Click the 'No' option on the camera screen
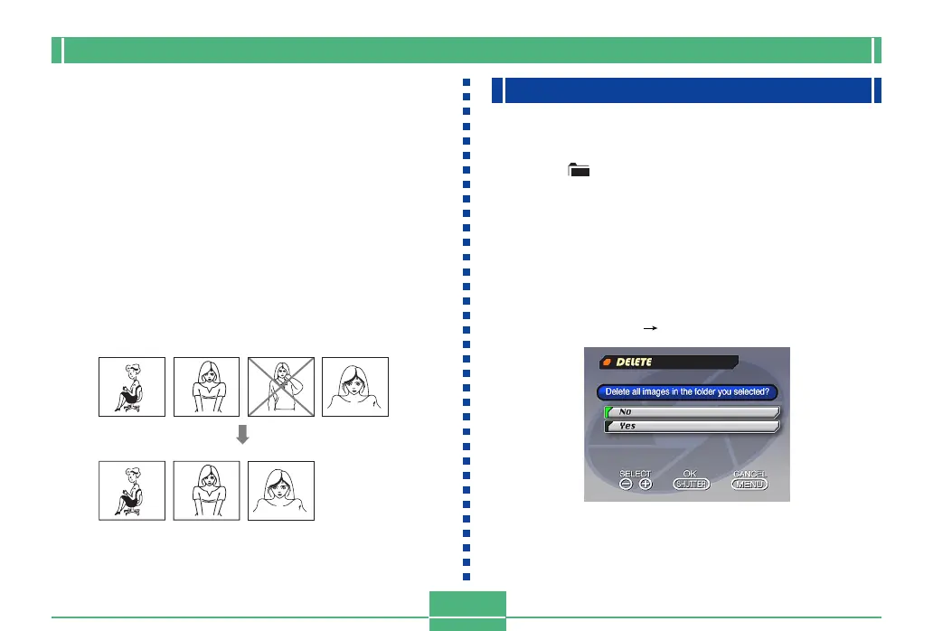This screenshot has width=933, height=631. click(690, 411)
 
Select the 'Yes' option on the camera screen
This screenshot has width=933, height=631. click(690, 426)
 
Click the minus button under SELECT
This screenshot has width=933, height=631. click(626, 485)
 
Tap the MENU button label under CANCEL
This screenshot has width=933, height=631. click(749, 485)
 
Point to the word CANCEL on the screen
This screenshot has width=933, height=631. click(749, 473)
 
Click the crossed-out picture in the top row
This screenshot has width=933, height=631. click(280, 387)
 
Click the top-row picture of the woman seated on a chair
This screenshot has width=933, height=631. click(132, 387)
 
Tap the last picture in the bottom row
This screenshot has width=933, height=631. click(280, 490)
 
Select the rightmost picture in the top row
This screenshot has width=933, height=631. click(354, 387)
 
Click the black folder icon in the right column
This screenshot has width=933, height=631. click(578, 169)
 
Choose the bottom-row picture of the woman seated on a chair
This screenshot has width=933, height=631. click(132, 490)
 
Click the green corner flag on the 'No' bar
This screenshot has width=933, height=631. click(608, 409)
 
